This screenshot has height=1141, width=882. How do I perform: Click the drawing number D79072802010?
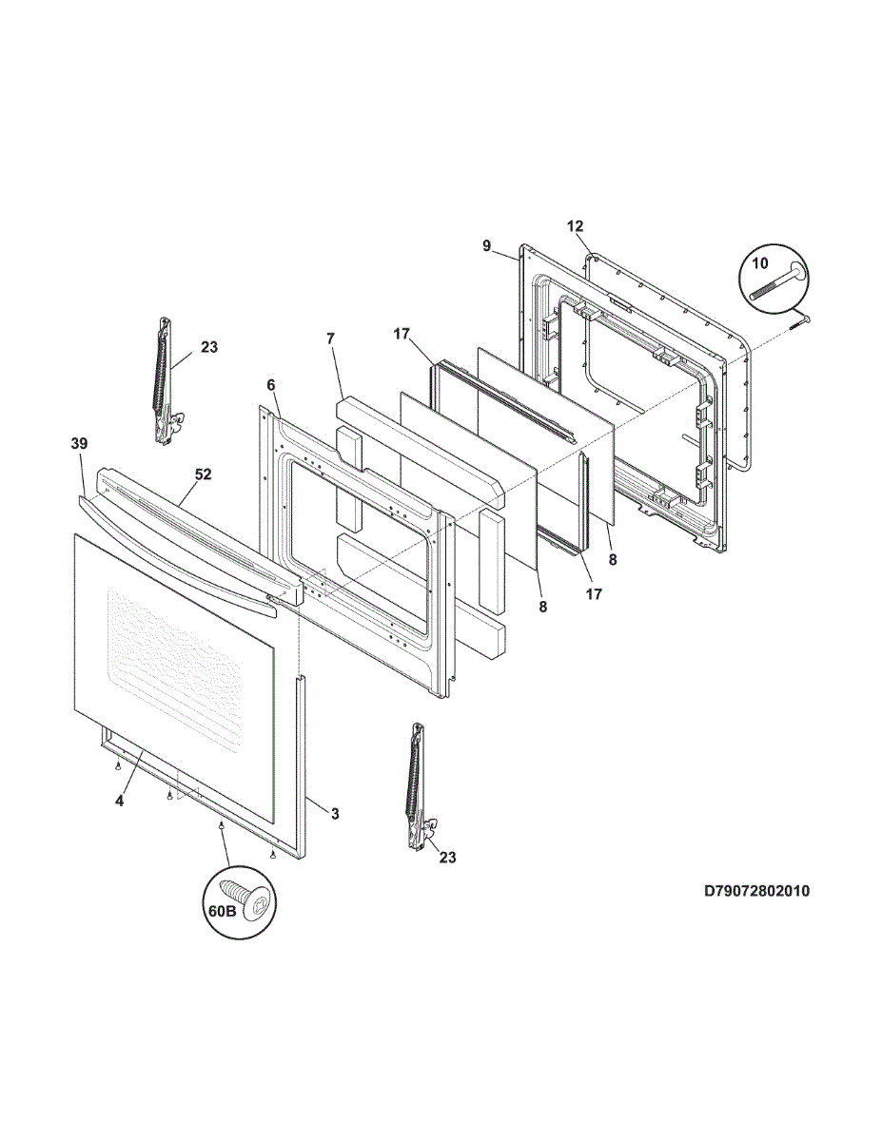coord(756,891)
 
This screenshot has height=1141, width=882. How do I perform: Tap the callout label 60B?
coord(222,911)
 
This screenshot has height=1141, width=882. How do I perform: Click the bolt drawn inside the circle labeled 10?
coord(776,283)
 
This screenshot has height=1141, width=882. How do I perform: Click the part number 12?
coord(575,226)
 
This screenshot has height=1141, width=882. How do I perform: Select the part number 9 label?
coord(486,246)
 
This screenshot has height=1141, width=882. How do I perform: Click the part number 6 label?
coord(270,384)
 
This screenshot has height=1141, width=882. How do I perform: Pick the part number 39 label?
coord(79,443)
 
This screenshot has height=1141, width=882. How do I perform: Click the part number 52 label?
coord(203,474)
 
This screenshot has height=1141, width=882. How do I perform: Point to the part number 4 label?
coord(119,802)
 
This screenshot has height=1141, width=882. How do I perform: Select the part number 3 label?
coord(335,814)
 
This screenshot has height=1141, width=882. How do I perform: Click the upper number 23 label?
coord(208,348)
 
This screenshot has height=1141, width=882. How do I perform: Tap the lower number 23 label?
coord(447,858)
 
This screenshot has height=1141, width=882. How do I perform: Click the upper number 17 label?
coord(401,334)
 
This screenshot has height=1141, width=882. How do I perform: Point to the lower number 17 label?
coord(594,594)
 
